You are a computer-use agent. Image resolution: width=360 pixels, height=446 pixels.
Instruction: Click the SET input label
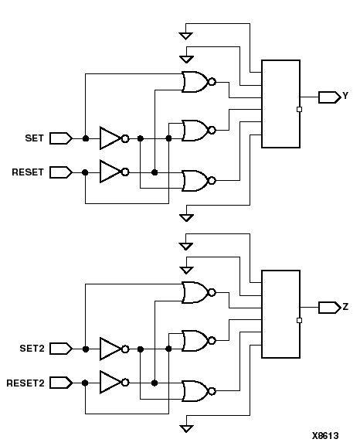pyautogui.click(x=33, y=139)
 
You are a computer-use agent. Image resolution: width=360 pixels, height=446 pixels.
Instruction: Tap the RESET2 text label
pyautogui.click(x=25, y=383)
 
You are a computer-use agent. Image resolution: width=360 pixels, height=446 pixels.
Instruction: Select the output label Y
pyautogui.click(x=345, y=97)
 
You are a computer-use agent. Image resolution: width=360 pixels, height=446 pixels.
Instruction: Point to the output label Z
pyautogui.click(x=345, y=308)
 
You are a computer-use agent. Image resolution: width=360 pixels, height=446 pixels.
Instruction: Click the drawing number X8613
pyautogui.click(x=325, y=436)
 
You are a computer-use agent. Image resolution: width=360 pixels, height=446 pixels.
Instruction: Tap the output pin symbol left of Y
pyautogui.click(x=329, y=97)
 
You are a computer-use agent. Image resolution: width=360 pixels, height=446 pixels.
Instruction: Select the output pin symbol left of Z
pyautogui.click(x=329, y=308)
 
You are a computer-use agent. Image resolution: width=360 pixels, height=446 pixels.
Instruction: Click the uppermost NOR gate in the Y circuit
pyautogui.click(x=195, y=81)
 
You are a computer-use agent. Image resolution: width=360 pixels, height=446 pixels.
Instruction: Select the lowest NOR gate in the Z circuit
pyautogui.click(x=195, y=391)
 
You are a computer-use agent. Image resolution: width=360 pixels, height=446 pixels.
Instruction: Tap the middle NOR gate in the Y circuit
pyautogui.click(x=195, y=130)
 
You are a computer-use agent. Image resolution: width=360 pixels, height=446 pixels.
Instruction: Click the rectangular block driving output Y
pyautogui.click(x=280, y=104)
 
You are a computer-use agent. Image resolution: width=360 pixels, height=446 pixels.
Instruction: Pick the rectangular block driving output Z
pyautogui.click(x=280, y=314)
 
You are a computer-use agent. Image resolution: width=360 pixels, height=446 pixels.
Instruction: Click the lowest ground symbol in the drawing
pyautogui.click(x=186, y=427)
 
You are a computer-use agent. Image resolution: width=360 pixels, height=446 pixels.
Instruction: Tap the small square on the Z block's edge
pyautogui.click(x=299, y=320)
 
